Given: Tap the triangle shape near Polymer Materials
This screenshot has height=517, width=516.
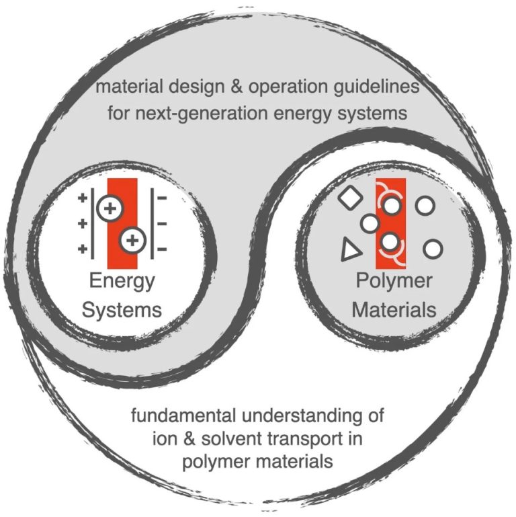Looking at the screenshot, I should (x=349, y=250).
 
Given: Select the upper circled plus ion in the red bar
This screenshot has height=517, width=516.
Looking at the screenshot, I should (x=110, y=208).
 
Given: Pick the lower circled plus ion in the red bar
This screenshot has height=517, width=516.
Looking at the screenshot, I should (x=133, y=239).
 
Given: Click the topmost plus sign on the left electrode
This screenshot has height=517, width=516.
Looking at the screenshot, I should (x=83, y=198).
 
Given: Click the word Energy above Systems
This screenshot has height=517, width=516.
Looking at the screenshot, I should (x=123, y=280).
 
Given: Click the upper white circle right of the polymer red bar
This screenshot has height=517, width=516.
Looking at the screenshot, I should (x=425, y=205).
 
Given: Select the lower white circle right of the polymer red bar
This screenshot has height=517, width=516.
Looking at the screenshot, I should (x=433, y=248).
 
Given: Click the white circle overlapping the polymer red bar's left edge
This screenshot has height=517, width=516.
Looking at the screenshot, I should (x=370, y=223).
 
